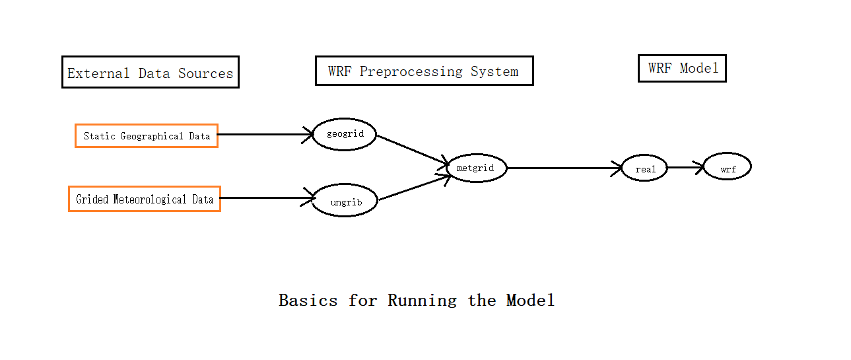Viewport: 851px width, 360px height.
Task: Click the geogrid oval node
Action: [x=344, y=135]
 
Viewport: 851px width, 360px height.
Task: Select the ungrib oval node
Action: [x=344, y=201]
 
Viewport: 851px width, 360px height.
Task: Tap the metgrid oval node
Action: [x=475, y=168]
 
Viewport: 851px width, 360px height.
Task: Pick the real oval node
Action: [x=644, y=169]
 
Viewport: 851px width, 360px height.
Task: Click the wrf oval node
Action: [x=727, y=168]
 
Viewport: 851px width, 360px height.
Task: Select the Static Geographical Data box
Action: [x=147, y=136]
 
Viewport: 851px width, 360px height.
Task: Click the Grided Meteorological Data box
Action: [x=145, y=199]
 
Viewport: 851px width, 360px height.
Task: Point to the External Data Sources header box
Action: [x=151, y=73]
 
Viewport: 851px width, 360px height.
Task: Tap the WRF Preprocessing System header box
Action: [x=424, y=71]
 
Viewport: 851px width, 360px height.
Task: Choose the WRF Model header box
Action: [x=682, y=69]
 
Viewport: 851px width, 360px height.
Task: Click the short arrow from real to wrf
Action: [x=685, y=168]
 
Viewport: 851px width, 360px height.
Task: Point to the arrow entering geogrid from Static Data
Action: [x=264, y=135]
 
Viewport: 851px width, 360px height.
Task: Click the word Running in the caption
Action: [x=422, y=301]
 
